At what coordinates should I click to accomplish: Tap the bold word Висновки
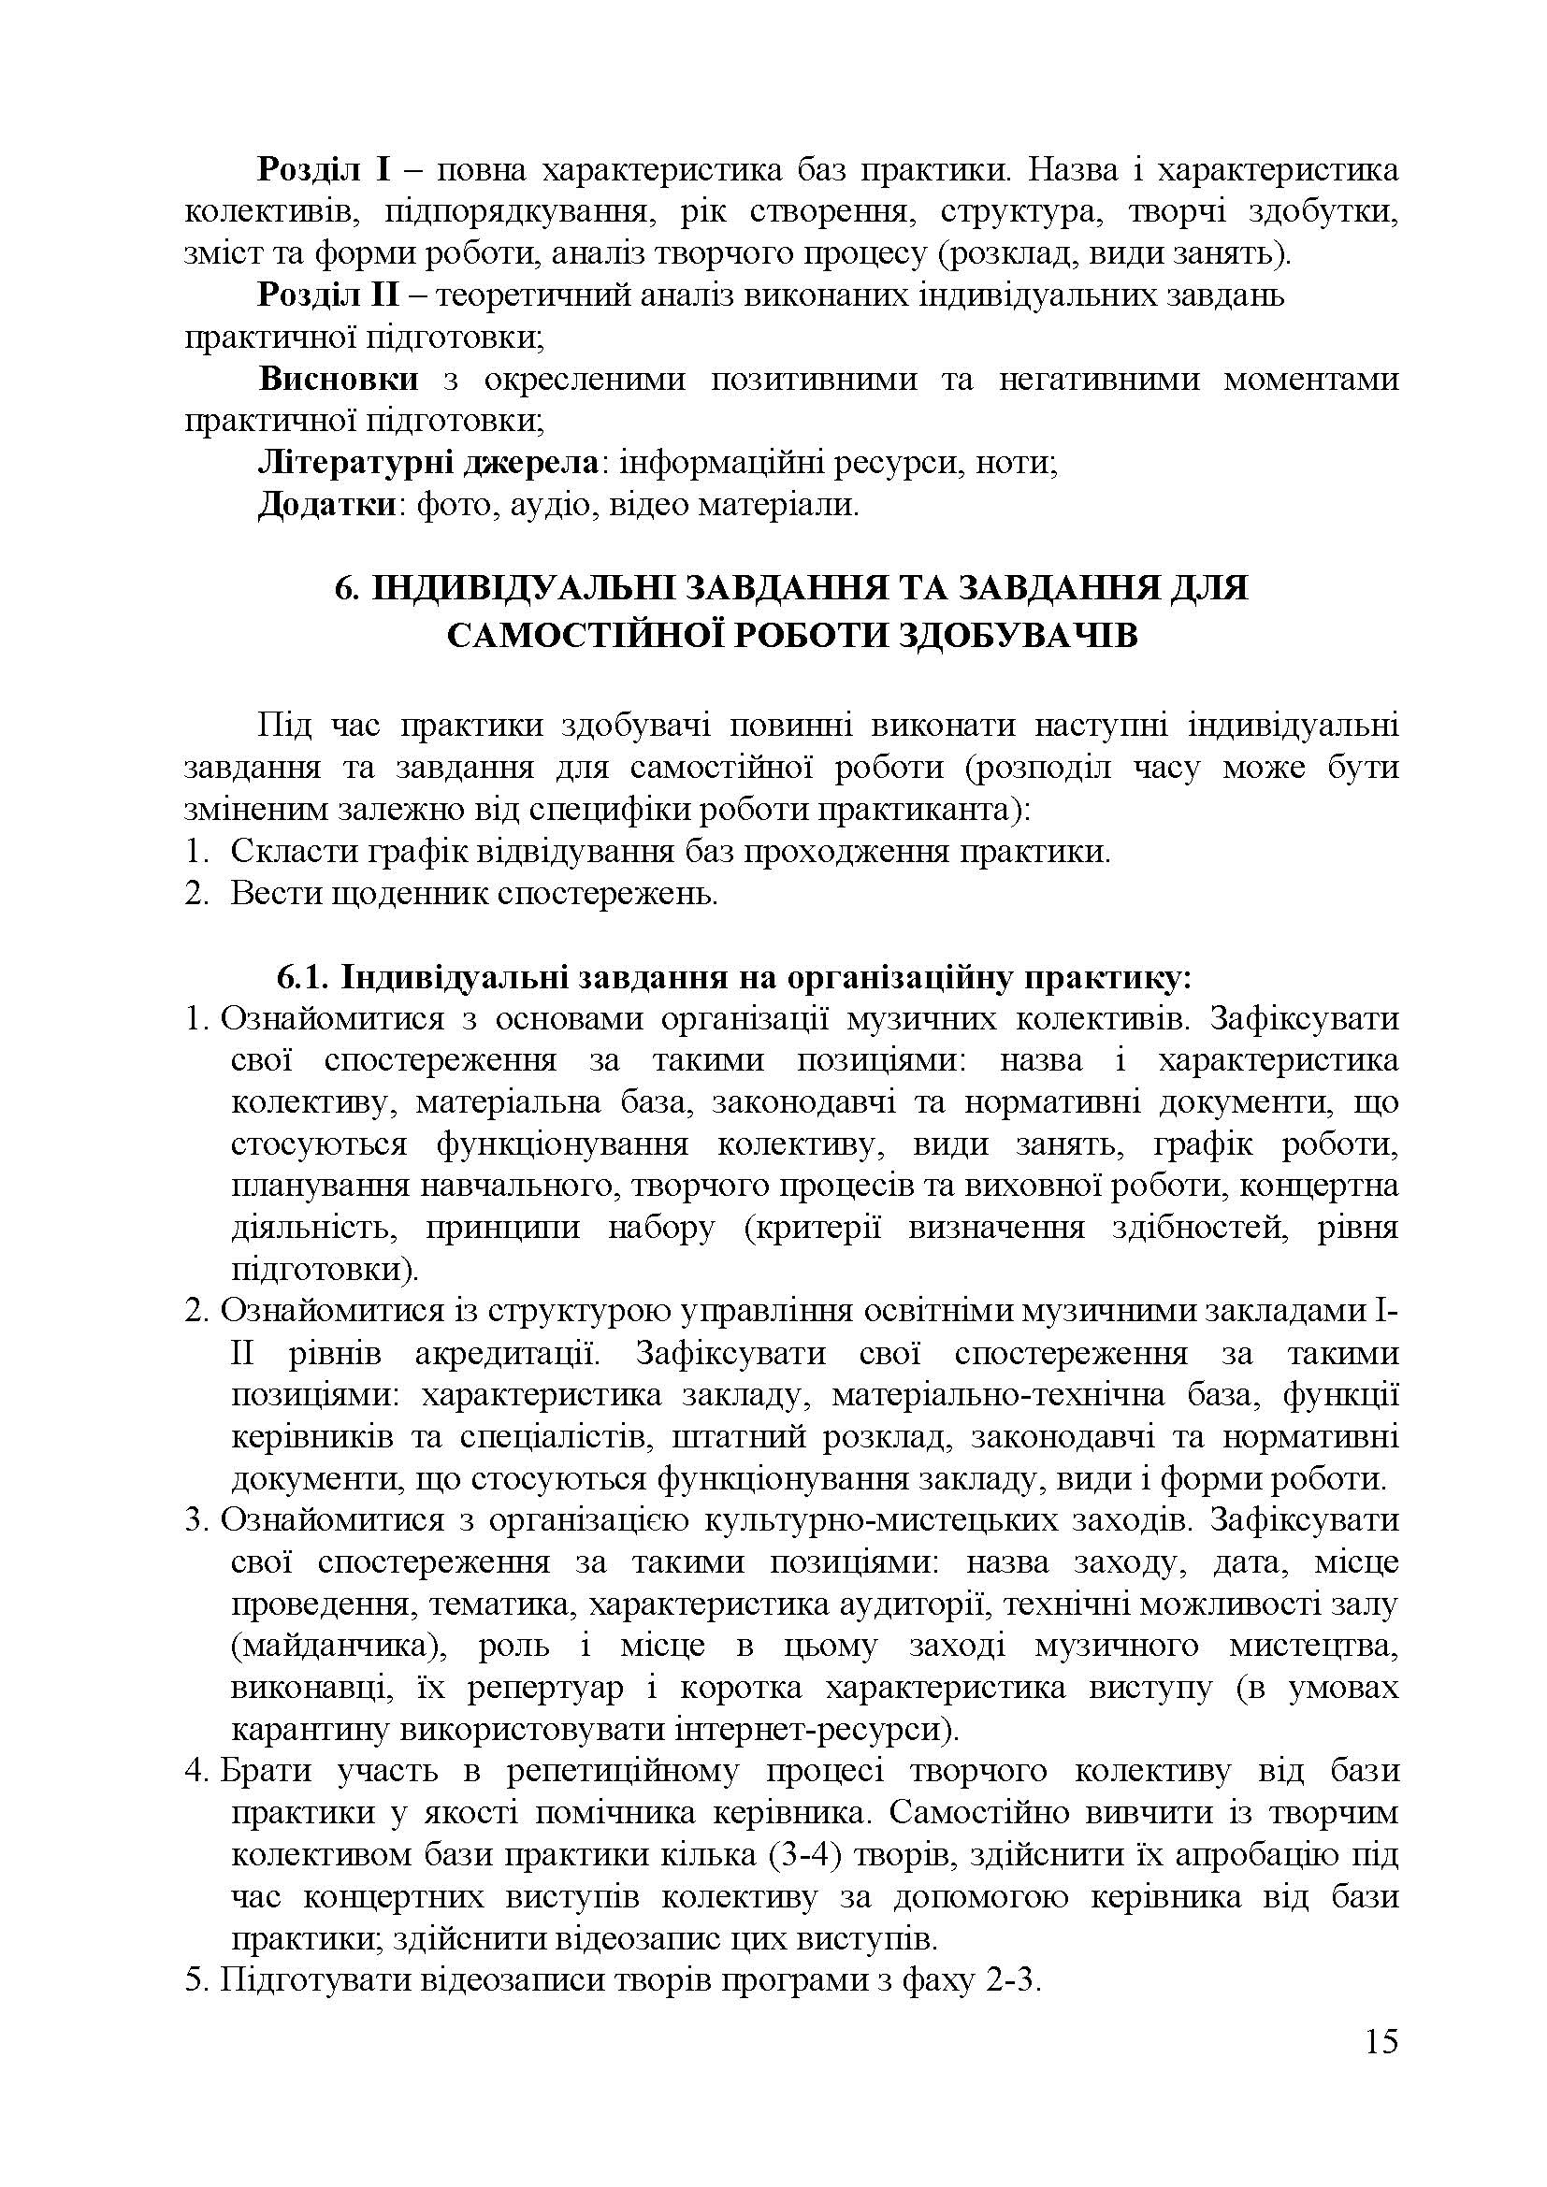(339, 379)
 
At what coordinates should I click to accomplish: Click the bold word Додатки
(325, 505)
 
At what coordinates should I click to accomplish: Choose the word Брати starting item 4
(267, 1771)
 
